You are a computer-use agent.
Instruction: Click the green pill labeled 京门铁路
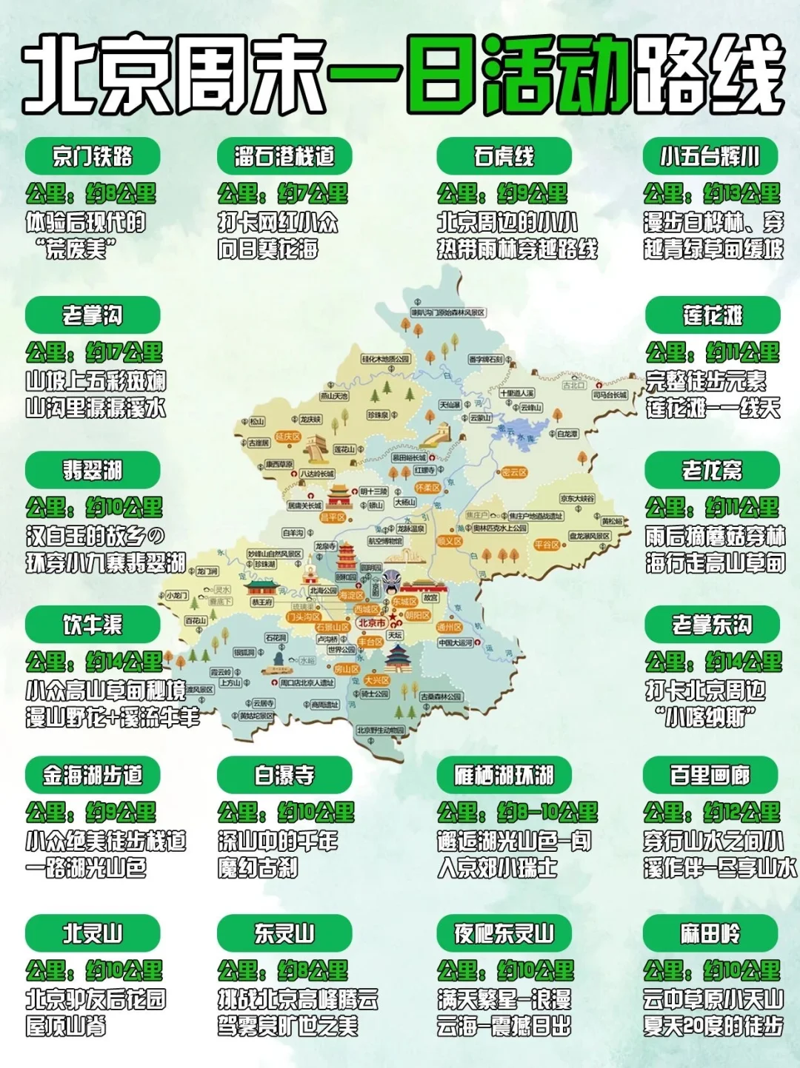tap(93, 156)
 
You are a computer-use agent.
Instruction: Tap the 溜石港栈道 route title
tap(284, 156)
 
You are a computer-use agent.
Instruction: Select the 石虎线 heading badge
tap(504, 156)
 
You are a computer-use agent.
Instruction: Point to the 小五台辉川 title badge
tap(710, 156)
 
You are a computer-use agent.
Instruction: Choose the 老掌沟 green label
tap(93, 315)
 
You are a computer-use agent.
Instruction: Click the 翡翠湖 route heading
tap(93, 470)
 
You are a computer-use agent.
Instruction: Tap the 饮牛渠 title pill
tap(93, 625)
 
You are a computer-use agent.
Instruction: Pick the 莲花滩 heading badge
tap(713, 315)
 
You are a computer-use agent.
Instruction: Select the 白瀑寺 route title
tap(284, 775)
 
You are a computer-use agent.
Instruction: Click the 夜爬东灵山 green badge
tap(504, 933)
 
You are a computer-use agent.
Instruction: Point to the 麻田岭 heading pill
tap(710, 933)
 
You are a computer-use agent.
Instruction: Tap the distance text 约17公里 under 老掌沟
tap(124, 352)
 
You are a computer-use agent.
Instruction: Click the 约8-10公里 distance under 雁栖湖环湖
tap(547, 812)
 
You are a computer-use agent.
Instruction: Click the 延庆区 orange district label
tap(287, 437)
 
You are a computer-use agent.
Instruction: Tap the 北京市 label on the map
tap(371, 623)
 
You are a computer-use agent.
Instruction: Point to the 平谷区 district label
tap(547, 544)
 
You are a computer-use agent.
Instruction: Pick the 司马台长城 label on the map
tap(610, 395)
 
